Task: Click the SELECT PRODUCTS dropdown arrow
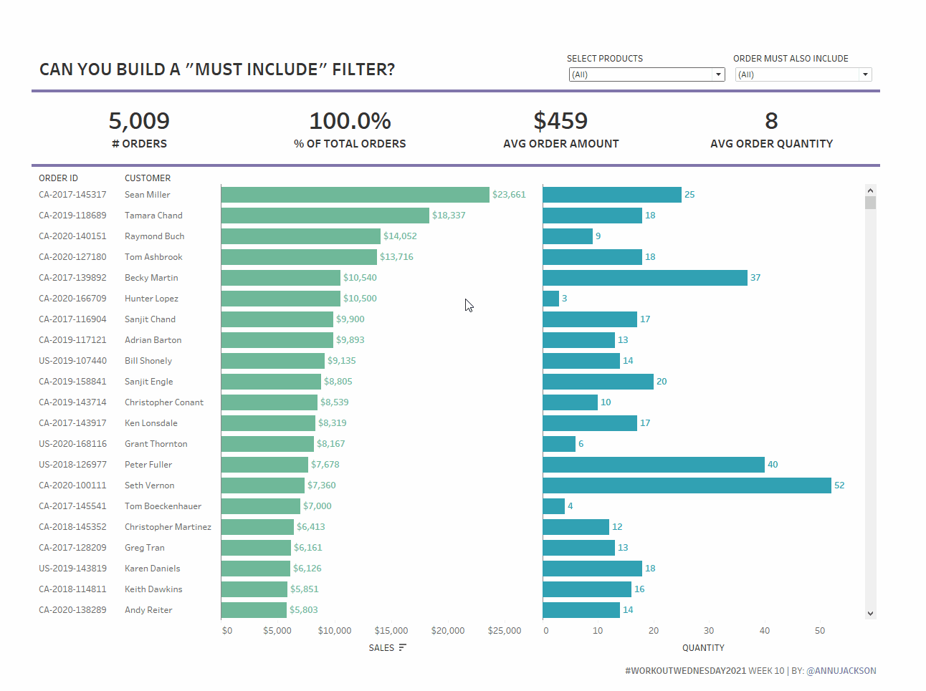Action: tap(718, 74)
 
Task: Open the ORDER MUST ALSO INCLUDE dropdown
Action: tap(803, 74)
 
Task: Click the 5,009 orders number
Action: tap(139, 121)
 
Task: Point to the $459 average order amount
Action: tap(560, 121)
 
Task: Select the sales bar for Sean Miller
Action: tap(355, 195)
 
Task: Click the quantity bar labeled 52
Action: tap(687, 485)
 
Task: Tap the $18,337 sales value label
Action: tap(449, 216)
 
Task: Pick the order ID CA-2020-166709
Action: tap(72, 299)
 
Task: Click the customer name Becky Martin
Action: tap(151, 278)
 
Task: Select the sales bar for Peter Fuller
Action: tap(264, 465)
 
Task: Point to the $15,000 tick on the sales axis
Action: tap(391, 631)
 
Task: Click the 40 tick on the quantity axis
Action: tap(765, 631)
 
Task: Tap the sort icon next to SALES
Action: tap(403, 647)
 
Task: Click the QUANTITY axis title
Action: tap(703, 648)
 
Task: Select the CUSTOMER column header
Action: tap(148, 178)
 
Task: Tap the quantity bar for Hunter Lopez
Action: tap(551, 299)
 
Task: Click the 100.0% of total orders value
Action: tap(350, 121)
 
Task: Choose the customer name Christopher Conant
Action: tap(164, 402)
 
